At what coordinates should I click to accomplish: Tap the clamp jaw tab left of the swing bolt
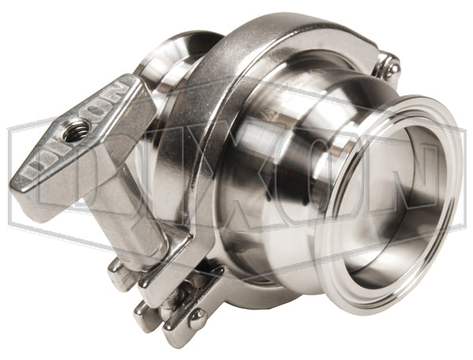tap(118, 276)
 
